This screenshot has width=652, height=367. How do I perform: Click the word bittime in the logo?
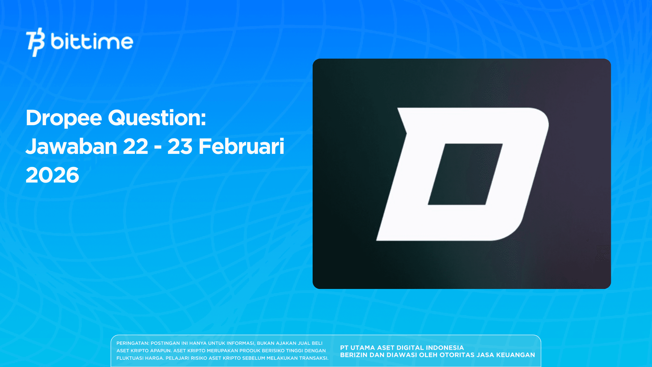tap(92, 42)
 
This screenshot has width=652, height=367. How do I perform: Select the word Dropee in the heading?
tap(64, 118)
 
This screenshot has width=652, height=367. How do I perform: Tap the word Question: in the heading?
tap(157, 118)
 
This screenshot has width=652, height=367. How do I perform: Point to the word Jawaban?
tap(71, 147)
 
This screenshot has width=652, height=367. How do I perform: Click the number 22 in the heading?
tap(136, 147)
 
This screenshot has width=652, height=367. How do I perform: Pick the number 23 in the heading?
tap(180, 147)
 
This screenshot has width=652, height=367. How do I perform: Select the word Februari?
tap(241, 147)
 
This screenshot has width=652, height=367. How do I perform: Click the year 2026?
tap(52, 175)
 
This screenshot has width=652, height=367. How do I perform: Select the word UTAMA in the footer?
tap(363, 348)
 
